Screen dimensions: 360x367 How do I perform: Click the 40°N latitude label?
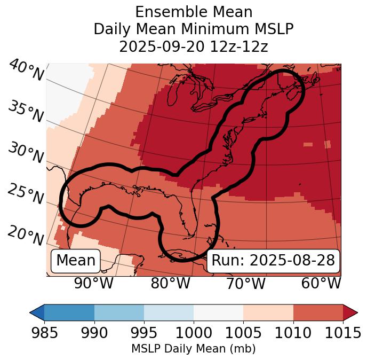pyautogui.click(x=26, y=71)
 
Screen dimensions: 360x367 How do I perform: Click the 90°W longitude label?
pyautogui.click(x=93, y=283)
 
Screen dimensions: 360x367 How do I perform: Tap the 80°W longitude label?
pyautogui.click(x=171, y=283)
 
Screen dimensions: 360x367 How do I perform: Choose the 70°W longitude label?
pyautogui.click(x=245, y=283)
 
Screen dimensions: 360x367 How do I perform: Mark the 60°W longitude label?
pyautogui.click(x=321, y=283)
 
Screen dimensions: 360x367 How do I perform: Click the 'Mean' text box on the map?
pyautogui.click(x=76, y=261)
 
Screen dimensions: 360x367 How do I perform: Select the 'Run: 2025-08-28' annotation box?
pyautogui.click(x=273, y=261)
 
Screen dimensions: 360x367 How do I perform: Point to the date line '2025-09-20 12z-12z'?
pyautogui.click(x=194, y=46)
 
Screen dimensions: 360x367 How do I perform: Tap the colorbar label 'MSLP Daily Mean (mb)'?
pyautogui.click(x=194, y=349)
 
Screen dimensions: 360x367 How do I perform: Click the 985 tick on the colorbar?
pyautogui.click(x=44, y=333)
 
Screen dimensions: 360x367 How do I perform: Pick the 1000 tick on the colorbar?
pyautogui.click(x=194, y=333)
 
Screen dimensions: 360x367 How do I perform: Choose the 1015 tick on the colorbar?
pyautogui.click(x=343, y=333)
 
